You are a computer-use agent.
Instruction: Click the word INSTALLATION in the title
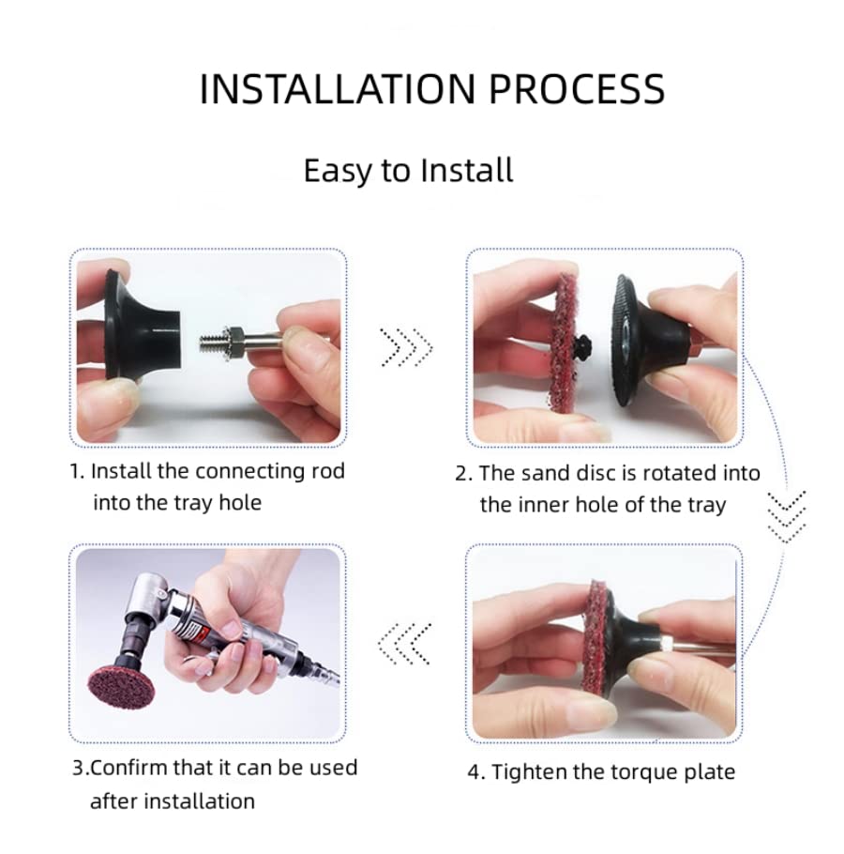(338, 89)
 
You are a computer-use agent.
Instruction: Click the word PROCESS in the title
(577, 89)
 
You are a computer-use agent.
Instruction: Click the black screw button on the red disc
(582, 344)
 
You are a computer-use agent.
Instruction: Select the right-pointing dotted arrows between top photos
(406, 347)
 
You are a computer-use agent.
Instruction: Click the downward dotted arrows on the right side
(786, 516)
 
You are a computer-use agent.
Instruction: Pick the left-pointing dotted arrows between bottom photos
(405, 644)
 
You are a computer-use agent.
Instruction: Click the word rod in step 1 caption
(327, 471)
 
